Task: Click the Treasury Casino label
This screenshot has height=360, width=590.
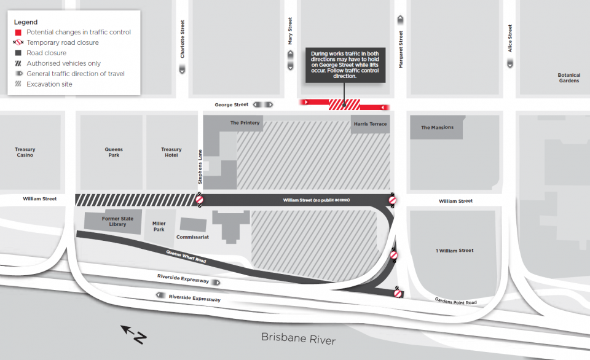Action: pyautogui.click(x=25, y=152)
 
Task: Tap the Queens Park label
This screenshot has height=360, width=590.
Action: pyautogui.click(x=114, y=152)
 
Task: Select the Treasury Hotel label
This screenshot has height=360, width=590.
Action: pyautogui.click(x=171, y=152)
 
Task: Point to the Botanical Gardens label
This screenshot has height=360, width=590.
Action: pyautogui.click(x=568, y=78)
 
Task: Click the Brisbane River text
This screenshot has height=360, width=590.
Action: pyautogui.click(x=299, y=338)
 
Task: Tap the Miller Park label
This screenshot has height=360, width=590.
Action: pyautogui.click(x=159, y=227)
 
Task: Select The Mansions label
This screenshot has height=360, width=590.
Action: pyautogui.click(x=437, y=128)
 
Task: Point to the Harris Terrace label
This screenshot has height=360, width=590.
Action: pyautogui.click(x=370, y=124)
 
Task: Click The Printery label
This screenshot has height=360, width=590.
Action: pyautogui.click(x=245, y=123)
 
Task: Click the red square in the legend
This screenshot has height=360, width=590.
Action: pyautogui.click(x=18, y=32)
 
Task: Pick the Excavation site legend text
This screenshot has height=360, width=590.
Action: pyautogui.click(x=49, y=84)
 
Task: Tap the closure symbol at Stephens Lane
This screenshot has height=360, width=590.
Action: pyautogui.click(x=200, y=200)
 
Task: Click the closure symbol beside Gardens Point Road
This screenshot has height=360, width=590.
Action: pyautogui.click(x=398, y=294)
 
